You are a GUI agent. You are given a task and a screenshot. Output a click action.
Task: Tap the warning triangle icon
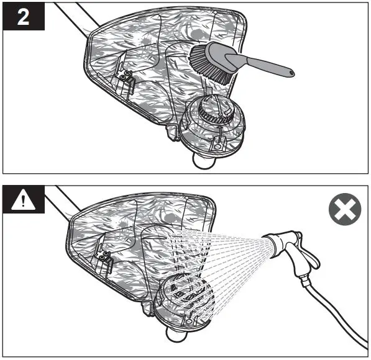pos(23,200)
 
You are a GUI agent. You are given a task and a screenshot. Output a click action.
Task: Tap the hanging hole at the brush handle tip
pos(288,73)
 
